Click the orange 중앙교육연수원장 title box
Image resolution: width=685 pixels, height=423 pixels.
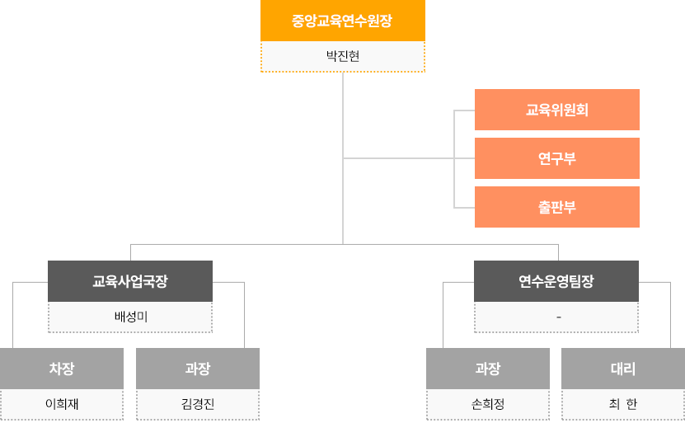(343, 21)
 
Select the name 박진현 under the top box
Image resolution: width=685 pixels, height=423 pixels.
(343, 56)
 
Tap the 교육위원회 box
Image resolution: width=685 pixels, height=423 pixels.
(557, 110)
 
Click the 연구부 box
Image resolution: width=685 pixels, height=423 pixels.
(557, 158)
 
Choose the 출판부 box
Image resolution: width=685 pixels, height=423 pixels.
(557, 207)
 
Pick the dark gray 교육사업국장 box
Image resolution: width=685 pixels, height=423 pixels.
(130, 281)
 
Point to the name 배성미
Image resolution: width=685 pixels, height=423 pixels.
(130, 317)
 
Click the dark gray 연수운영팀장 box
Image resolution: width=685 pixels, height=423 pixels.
(556, 281)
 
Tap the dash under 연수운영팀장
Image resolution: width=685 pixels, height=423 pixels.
(559, 317)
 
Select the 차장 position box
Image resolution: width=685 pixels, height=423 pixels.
(62, 369)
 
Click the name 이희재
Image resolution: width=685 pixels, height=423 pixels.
(62, 404)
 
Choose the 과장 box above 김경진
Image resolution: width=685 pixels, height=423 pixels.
(198, 369)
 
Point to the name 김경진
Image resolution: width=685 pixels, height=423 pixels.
(198, 404)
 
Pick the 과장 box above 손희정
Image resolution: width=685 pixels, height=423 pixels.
(488, 369)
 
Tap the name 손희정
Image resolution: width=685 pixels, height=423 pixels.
(488, 404)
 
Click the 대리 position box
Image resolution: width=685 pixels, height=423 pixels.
(623, 369)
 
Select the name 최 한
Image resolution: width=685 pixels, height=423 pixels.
(623, 404)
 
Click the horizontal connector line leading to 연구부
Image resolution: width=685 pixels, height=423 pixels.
(409, 158)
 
